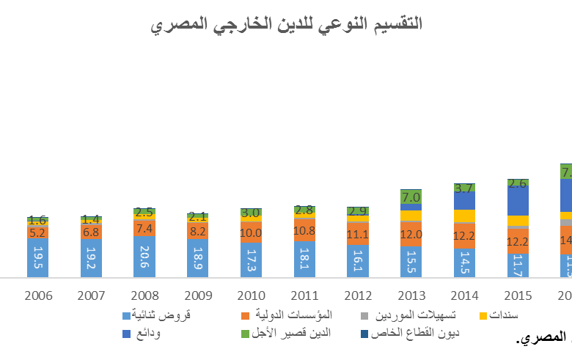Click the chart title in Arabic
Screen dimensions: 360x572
[x=286, y=24]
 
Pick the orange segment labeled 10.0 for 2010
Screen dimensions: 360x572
[x=251, y=232]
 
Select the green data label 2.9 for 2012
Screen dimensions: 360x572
[x=357, y=211]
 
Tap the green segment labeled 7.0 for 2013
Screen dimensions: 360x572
[x=411, y=196]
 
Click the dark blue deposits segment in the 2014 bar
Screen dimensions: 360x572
[x=463, y=200]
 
